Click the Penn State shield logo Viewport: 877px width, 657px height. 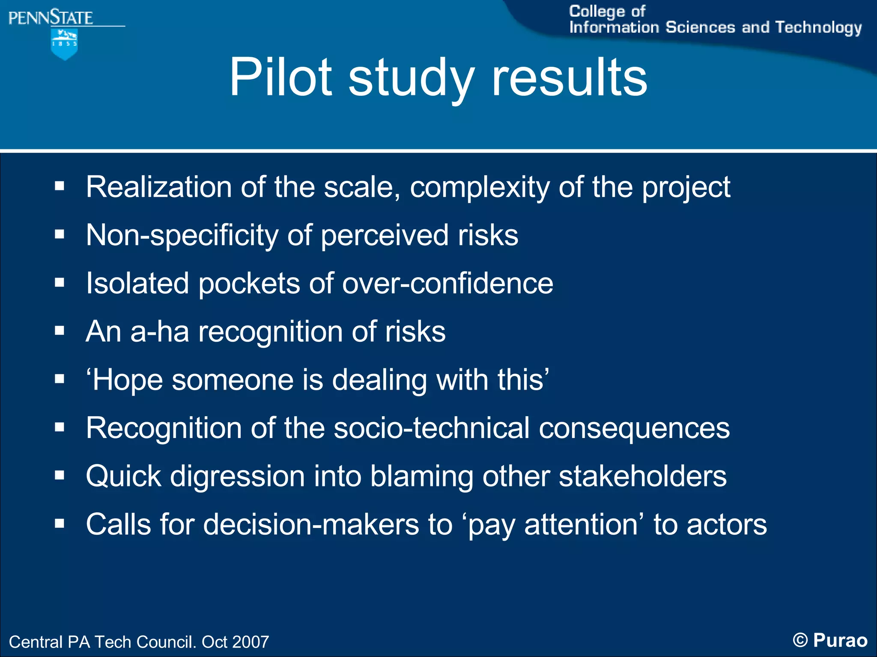point(64,44)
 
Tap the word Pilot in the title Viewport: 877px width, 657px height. point(280,77)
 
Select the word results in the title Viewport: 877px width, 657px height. point(569,77)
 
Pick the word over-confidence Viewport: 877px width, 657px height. point(447,284)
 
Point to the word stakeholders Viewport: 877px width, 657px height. point(642,476)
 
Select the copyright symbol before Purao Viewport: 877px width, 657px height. point(800,640)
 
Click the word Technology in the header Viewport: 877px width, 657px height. point(818,27)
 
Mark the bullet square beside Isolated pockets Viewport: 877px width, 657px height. point(60,282)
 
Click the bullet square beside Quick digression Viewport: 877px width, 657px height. point(60,475)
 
